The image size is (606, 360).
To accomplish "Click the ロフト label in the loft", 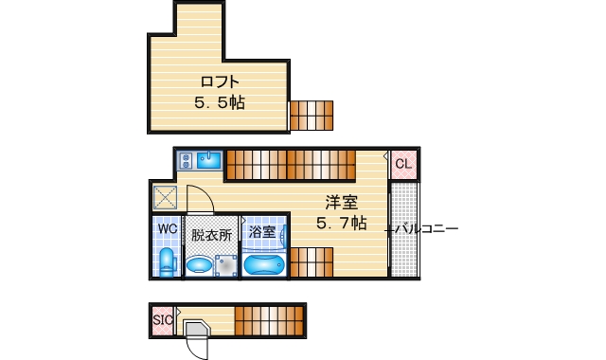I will (x=220, y=81).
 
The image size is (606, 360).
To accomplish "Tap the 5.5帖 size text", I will (x=220, y=101).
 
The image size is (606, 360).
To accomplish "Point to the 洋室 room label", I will (x=341, y=202).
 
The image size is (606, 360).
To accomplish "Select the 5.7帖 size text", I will (x=341, y=224).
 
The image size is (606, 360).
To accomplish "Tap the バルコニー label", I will (x=426, y=229).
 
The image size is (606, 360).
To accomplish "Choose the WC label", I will (x=167, y=229).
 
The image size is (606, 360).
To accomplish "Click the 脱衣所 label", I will (x=210, y=234).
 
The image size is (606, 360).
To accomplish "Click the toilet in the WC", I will (x=167, y=261).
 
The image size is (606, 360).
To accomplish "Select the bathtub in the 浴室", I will (x=264, y=262).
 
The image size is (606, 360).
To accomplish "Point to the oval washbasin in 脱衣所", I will (x=199, y=264).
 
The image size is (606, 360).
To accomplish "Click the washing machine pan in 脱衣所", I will (x=225, y=266).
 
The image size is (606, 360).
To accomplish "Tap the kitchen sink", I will (x=209, y=160).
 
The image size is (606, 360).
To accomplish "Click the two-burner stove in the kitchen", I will (x=186, y=160).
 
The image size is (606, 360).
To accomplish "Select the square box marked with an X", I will (x=165, y=197).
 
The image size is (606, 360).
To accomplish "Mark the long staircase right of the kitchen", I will (x=288, y=164).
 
